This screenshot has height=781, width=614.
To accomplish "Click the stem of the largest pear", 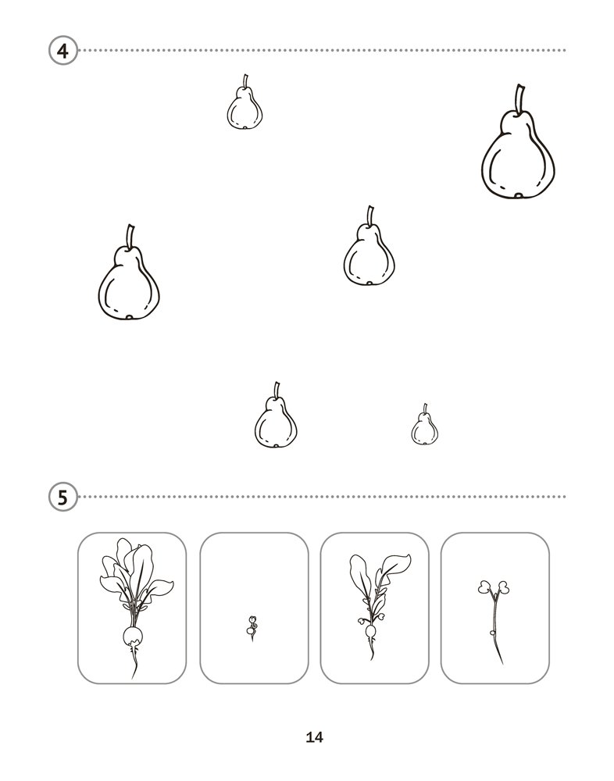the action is tap(519, 98).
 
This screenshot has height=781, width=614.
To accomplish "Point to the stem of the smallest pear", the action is tap(425, 408).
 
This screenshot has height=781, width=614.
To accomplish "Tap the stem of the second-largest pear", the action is tap(130, 236).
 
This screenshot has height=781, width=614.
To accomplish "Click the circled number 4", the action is tap(63, 51).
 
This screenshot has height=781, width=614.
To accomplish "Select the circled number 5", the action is tap(63, 497).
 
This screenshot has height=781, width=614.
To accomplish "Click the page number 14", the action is tap(315, 737).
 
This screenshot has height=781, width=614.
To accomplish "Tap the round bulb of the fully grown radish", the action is tap(133, 636).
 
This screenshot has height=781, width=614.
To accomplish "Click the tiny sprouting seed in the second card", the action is tap(252, 628).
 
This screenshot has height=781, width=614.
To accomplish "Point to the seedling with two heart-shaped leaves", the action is tap(494, 622).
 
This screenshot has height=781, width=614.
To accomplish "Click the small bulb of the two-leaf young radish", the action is tap(370, 632).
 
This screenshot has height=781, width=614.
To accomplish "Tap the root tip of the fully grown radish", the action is tap(133, 677).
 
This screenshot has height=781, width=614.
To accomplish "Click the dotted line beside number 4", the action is tap(323, 50).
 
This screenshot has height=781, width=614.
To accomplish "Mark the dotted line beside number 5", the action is tap(323, 497).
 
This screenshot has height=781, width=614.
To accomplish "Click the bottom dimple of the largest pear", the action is tap(519, 195).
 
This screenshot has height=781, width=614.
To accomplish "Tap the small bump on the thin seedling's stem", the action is tap(492, 633).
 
